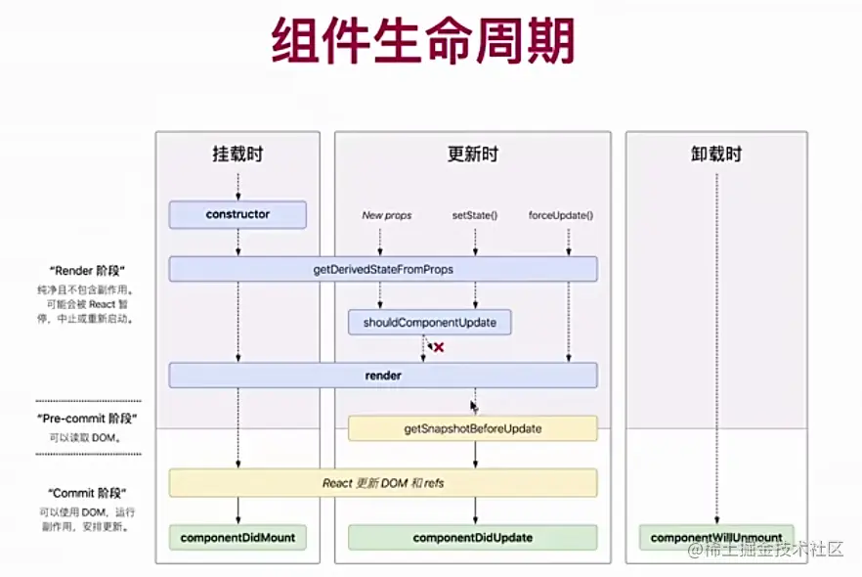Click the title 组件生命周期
(x=423, y=42)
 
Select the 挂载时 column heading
(x=237, y=154)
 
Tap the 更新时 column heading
(x=473, y=154)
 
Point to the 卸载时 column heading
(x=716, y=154)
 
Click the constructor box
(x=237, y=214)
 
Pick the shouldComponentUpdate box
(x=429, y=322)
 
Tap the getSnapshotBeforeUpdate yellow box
(x=472, y=428)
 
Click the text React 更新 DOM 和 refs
(x=383, y=483)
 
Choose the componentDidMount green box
(x=237, y=538)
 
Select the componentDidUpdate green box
(x=472, y=538)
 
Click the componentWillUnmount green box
(x=716, y=538)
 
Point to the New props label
(x=386, y=215)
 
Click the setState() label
(x=475, y=215)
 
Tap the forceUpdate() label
(x=561, y=215)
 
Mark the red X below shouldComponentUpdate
(x=439, y=347)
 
